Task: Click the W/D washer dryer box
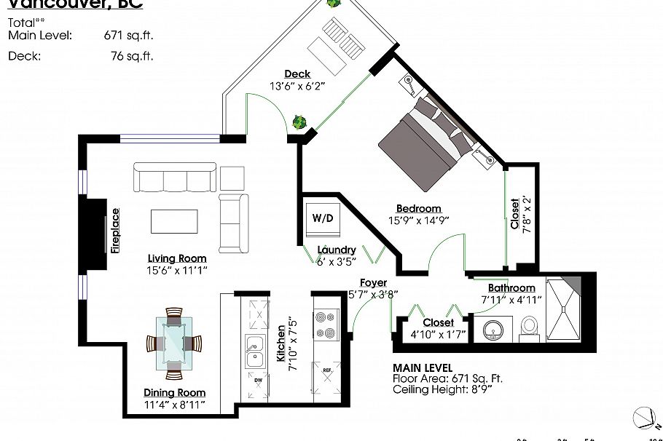323,218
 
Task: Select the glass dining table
173,343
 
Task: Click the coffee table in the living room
173,221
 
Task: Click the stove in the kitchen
326,324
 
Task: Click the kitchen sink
254,353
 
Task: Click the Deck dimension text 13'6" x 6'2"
297,85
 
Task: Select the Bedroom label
419,209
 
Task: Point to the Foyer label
372,282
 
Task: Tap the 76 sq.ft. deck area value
129,55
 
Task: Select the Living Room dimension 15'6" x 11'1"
177,270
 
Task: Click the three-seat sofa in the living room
174,178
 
